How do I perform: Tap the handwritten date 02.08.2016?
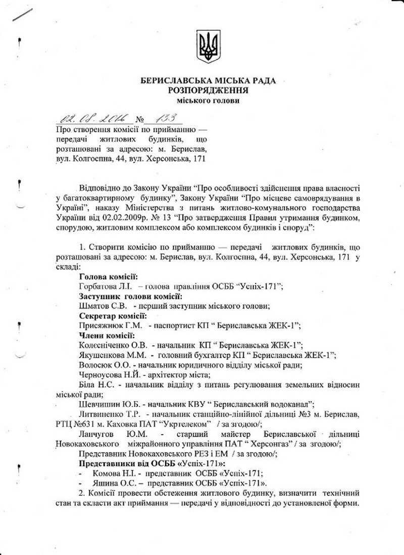click(x=94, y=119)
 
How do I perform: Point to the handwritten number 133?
click(x=161, y=118)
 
